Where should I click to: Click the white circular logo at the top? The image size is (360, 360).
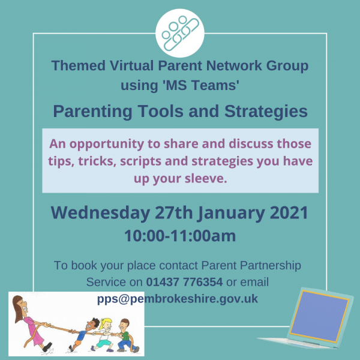click(180, 33)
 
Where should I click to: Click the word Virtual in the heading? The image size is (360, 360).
click(131, 65)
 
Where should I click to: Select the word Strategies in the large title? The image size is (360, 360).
click(266, 112)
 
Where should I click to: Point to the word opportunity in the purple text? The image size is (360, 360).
click(107, 145)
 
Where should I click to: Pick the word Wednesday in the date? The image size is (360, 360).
click(100, 213)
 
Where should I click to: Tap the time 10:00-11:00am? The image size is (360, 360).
click(180, 236)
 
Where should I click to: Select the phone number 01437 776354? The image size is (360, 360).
click(184, 282)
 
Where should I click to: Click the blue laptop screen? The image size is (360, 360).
click(319, 316)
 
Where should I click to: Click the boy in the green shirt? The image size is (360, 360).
click(125, 336)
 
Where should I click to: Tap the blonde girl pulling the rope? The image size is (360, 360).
click(104, 335)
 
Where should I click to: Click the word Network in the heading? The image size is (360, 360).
click(234, 65)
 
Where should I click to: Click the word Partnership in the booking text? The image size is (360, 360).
click(271, 265)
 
